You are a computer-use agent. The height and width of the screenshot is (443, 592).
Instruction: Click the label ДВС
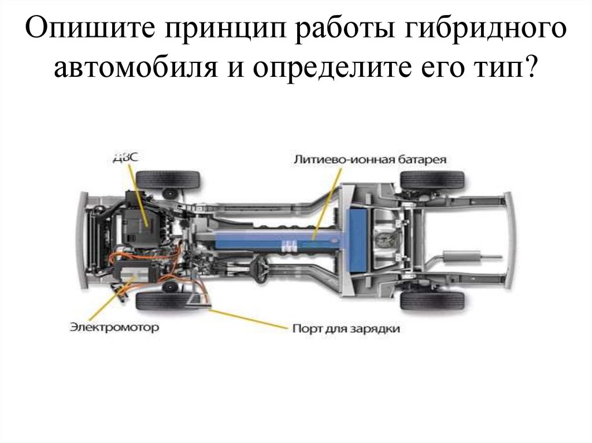[125, 157]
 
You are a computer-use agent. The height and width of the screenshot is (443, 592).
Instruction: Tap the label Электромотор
[114, 327]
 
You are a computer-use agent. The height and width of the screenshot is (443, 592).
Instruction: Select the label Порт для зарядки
[346, 329]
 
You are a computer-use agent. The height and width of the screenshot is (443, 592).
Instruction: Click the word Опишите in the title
[90, 29]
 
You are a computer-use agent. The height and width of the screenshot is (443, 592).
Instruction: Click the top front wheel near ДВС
[168, 180]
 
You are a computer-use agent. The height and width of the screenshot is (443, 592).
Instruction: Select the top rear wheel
[432, 180]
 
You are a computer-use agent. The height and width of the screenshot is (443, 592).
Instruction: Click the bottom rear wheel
[432, 301]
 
